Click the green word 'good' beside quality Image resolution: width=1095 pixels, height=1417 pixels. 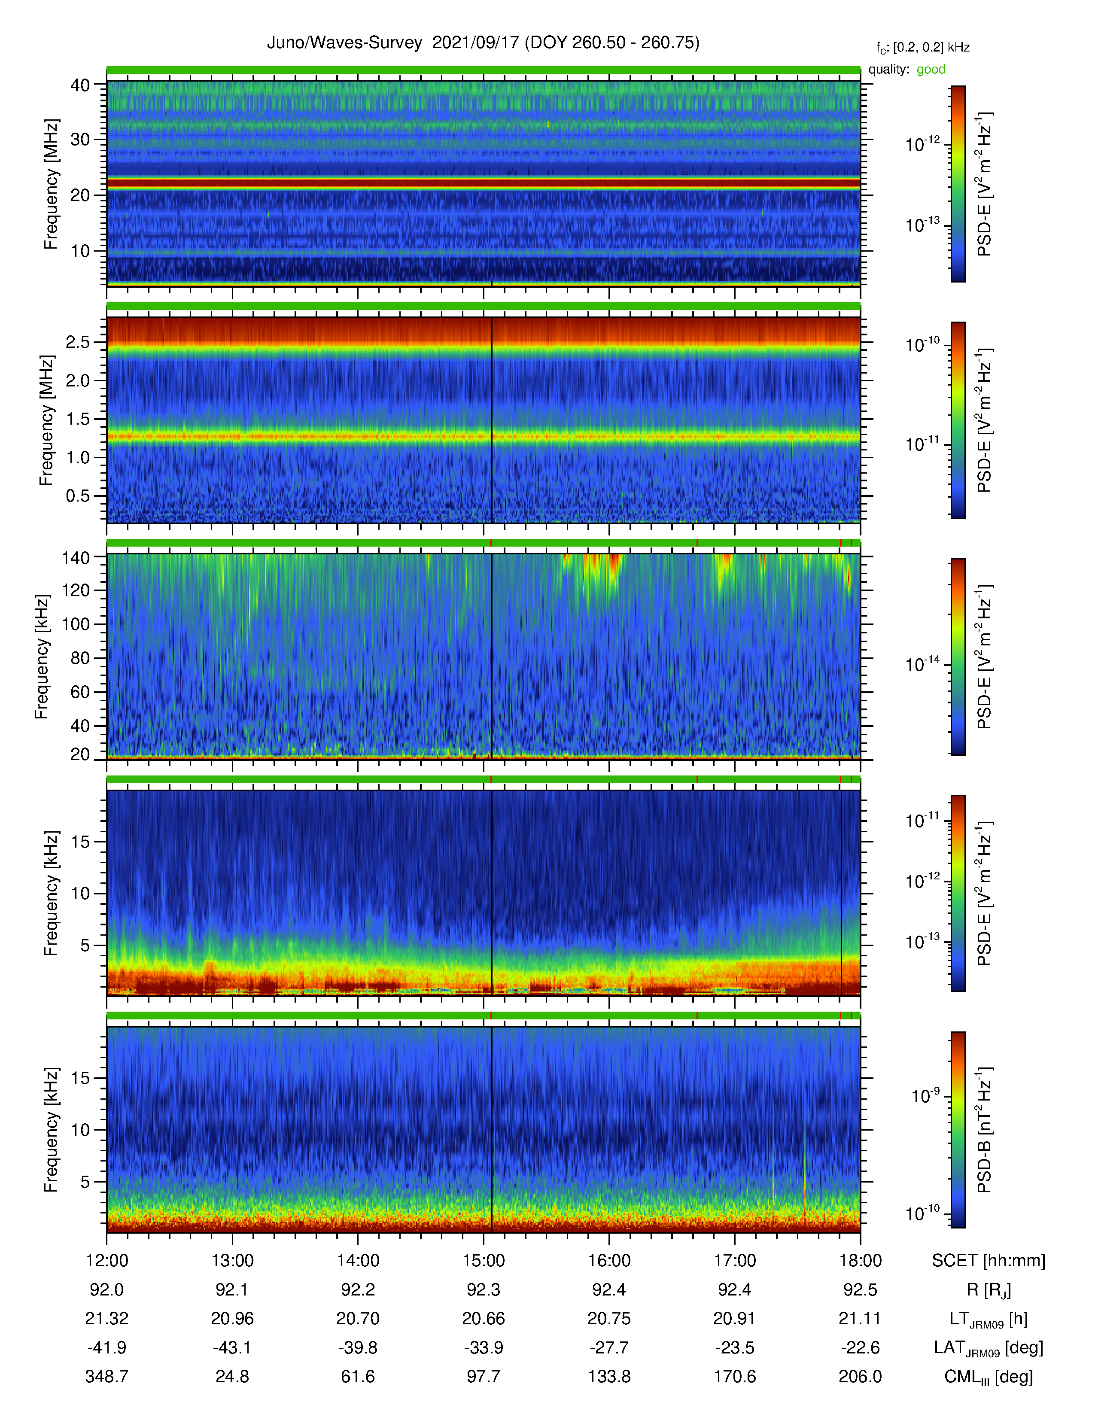tap(931, 70)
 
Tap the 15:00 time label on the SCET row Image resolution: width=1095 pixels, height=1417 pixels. tap(483, 1261)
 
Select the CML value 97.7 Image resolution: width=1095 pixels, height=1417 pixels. tap(483, 1376)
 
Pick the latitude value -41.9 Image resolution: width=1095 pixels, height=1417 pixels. tap(107, 1347)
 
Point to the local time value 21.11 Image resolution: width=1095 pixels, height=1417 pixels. tap(860, 1318)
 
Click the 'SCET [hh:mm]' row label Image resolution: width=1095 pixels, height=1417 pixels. tap(989, 1261)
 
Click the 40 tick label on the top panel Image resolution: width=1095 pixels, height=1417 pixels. tap(80, 85)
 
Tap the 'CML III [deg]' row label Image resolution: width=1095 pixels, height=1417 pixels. tap(989, 1377)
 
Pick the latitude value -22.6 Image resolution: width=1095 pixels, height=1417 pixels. tap(860, 1347)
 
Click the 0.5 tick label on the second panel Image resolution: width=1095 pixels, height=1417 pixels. tap(78, 496)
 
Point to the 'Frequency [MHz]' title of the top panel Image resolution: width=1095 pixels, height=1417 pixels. tap(51, 184)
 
